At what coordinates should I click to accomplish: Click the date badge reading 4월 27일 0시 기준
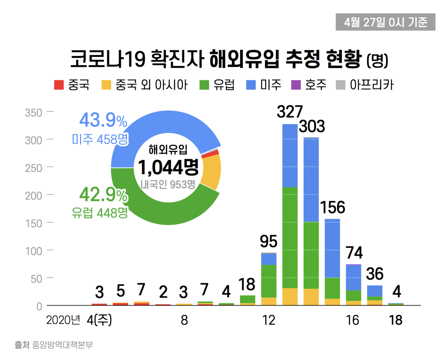click(x=385, y=22)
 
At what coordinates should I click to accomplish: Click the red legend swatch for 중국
click(x=59, y=85)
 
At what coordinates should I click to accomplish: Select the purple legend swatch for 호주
click(x=296, y=85)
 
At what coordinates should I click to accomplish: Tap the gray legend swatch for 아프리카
click(x=340, y=85)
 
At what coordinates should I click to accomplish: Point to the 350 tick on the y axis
click(x=34, y=113)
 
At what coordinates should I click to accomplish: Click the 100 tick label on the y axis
click(x=34, y=251)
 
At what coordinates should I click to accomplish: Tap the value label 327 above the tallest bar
click(x=290, y=112)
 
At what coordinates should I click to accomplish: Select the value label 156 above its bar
click(x=332, y=208)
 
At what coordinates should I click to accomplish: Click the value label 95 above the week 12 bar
click(x=269, y=241)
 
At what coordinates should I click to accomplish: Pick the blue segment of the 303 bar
click(x=311, y=180)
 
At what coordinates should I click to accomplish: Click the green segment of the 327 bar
click(x=290, y=237)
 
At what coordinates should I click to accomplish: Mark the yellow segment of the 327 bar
click(x=290, y=297)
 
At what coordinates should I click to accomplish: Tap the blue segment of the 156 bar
click(x=332, y=248)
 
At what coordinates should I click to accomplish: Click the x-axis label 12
click(x=269, y=320)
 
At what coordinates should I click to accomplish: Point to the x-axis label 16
click(x=353, y=320)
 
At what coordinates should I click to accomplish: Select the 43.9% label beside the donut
click(x=103, y=120)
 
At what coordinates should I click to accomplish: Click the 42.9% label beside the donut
click(x=103, y=195)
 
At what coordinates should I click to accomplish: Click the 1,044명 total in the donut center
click(x=168, y=167)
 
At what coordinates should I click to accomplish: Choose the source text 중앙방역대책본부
click(x=62, y=345)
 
